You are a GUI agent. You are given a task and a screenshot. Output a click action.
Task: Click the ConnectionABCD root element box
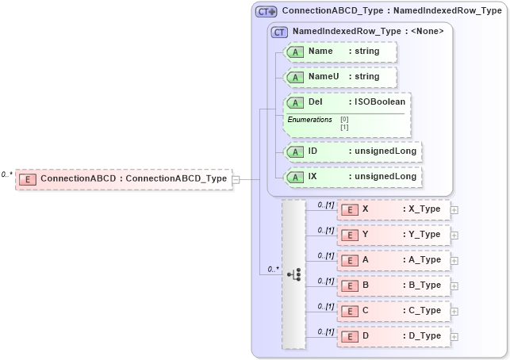[123, 179]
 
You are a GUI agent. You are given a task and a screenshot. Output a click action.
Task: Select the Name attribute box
[340, 52]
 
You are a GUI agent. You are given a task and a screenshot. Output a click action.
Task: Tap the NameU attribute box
[340, 77]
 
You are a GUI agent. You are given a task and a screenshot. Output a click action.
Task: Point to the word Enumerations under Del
[309, 120]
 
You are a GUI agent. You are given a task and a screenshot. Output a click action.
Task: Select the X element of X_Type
[393, 209]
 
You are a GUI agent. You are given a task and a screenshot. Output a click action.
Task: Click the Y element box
[393, 235]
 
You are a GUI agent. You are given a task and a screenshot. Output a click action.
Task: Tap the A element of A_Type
[393, 260]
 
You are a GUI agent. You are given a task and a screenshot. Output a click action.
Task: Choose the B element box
[393, 285]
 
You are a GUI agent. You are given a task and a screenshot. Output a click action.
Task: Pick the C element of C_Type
[393, 311]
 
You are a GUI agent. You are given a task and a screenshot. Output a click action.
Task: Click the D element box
[393, 336]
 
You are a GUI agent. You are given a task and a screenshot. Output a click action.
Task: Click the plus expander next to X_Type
[454, 210]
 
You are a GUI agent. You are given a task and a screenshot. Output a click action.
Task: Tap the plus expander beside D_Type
[454, 337]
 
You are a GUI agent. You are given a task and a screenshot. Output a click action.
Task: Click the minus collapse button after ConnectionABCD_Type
[236, 179]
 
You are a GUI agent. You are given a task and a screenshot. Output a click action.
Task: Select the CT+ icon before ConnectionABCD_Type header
[266, 12]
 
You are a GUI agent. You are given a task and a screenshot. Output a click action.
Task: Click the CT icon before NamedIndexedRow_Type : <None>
[279, 32]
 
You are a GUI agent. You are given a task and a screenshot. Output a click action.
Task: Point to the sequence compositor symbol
[293, 274]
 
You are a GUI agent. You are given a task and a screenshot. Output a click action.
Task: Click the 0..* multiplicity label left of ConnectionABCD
[7, 174]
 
